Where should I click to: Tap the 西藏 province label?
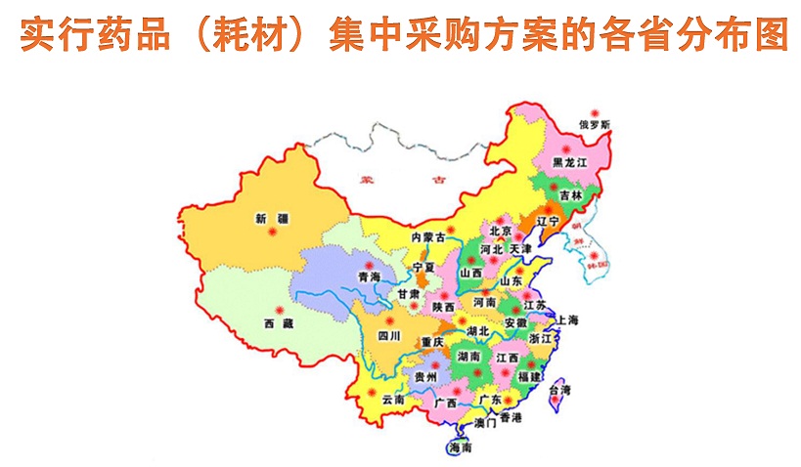277,322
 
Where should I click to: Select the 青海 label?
369,277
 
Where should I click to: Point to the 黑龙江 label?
569,162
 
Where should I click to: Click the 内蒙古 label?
428,237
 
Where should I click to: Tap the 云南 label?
393,399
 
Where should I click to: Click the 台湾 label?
559,390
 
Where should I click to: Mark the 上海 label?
568,320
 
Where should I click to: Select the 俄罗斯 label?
595,125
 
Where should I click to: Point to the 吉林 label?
570,195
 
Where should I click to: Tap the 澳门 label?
485,423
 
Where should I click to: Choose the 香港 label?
511,417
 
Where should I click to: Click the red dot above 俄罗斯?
591,113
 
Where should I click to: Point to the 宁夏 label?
423,267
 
